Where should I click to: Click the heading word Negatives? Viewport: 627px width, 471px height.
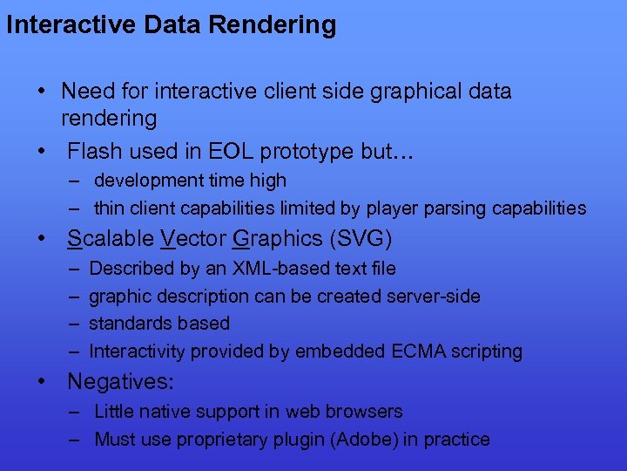tap(121, 381)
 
